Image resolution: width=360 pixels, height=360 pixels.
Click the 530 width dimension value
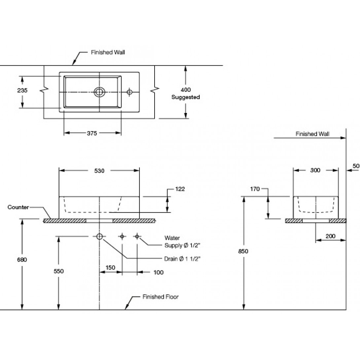click(x=99, y=171)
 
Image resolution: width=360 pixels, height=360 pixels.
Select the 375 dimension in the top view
click(x=92, y=133)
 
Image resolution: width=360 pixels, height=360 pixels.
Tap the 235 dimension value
click(x=22, y=90)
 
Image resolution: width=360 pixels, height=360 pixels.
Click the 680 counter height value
click(x=22, y=260)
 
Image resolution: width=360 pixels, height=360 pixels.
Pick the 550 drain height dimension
click(x=58, y=271)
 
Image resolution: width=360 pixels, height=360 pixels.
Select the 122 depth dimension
click(x=180, y=189)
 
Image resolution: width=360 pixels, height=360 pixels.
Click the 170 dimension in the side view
click(x=255, y=189)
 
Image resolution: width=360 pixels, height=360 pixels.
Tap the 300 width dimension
click(x=315, y=170)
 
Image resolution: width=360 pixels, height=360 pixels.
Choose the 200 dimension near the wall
click(x=330, y=236)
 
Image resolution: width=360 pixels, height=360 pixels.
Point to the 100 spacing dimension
click(x=159, y=272)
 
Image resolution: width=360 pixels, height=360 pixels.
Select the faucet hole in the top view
click(x=130, y=91)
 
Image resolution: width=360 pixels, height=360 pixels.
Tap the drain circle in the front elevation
click(x=99, y=236)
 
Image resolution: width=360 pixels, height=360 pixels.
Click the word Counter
click(x=18, y=207)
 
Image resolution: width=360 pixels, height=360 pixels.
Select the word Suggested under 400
click(x=186, y=97)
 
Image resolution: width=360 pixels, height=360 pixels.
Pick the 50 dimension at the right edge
click(x=356, y=166)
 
